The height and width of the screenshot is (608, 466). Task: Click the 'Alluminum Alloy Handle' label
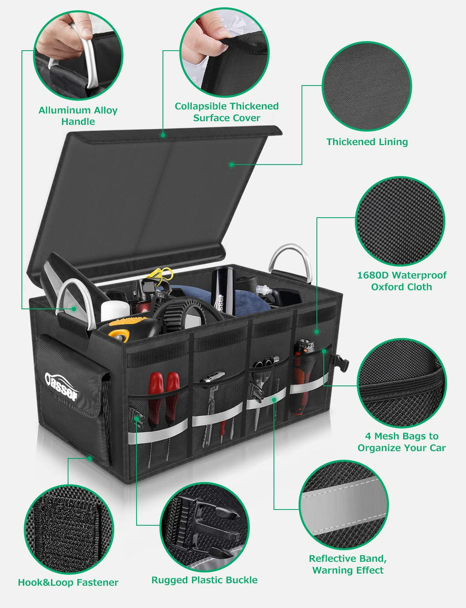click(78, 116)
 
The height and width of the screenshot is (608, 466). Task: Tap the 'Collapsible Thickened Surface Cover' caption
click(227, 112)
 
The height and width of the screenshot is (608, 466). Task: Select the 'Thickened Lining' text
click(367, 142)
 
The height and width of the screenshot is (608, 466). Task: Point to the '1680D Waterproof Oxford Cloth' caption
click(401, 281)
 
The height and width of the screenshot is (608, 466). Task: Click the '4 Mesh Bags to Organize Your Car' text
click(401, 442)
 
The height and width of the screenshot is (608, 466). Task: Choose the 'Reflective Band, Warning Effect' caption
click(348, 564)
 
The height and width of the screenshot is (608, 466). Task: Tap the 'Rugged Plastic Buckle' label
click(204, 580)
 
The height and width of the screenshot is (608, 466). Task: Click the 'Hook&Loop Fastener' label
click(68, 582)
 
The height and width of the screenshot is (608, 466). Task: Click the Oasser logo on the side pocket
click(61, 386)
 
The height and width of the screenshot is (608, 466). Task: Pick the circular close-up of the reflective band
click(344, 505)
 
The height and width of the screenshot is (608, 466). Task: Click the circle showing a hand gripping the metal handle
click(78, 55)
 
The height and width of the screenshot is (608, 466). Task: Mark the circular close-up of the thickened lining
click(367, 86)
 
